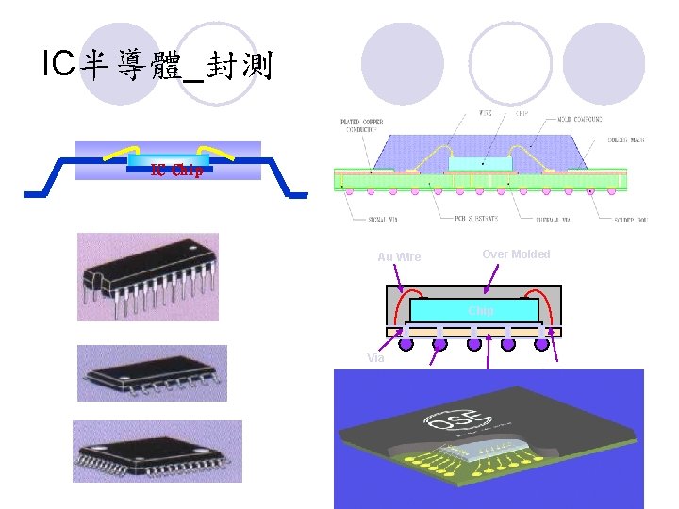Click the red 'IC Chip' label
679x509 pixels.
pyautogui.click(x=177, y=171)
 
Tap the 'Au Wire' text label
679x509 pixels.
pyautogui.click(x=399, y=257)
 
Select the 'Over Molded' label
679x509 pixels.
pyautogui.click(x=516, y=254)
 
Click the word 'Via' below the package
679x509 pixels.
pyautogui.click(x=375, y=357)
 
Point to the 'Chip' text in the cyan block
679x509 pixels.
pyautogui.click(x=481, y=310)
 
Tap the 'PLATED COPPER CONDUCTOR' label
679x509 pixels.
pyautogui.click(x=363, y=125)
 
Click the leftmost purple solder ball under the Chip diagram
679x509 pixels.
pyautogui.click(x=406, y=345)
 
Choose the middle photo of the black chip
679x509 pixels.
pyautogui.click(x=152, y=372)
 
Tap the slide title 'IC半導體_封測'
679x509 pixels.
pyautogui.click(x=157, y=65)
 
